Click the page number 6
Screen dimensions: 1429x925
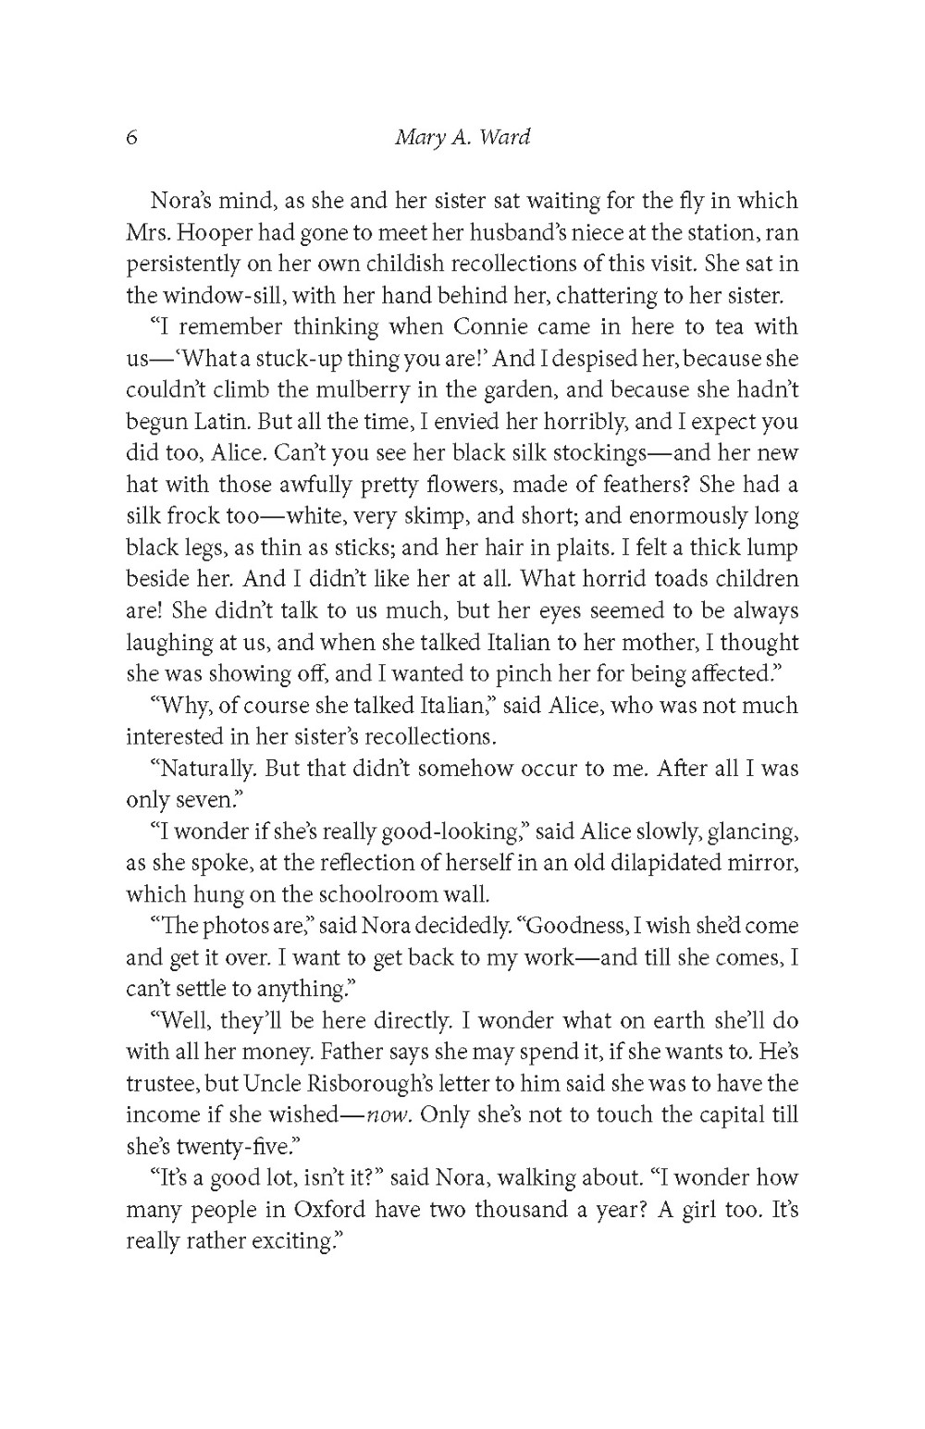click(x=130, y=139)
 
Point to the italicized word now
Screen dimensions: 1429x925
click(x=388, y=1115)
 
